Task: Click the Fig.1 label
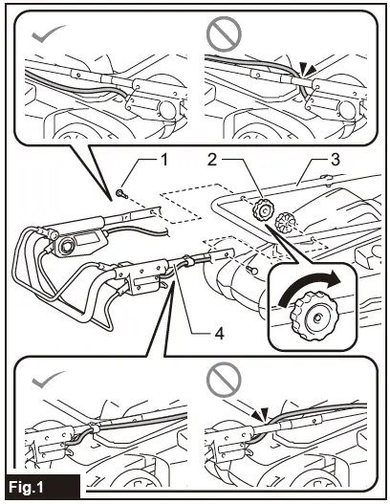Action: [x=26, y=488]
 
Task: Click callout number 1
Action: [x=164, y=160]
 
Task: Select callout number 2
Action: [x=212, y=160]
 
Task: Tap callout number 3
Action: [x=336, y=160]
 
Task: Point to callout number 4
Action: [x=219, y=335]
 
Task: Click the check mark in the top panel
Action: [x=48, y=33]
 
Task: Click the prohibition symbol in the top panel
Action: [x=224, y=33]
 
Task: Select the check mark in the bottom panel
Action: [x=48, y=380]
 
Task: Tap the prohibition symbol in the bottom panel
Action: [x=224, y=380]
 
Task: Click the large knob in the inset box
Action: [x=313, y=316]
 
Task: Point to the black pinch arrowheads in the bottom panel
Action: [x=261, y=415]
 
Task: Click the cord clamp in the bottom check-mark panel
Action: [x=95, y=427]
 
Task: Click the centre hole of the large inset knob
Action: [x=317, y=318]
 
